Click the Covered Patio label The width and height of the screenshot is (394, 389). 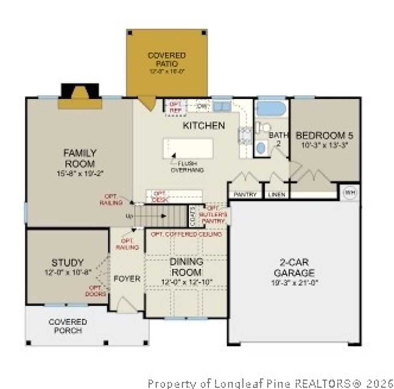(167, 60)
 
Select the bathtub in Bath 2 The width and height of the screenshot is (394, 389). (271, 109)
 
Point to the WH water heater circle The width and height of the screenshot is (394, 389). (349, 192)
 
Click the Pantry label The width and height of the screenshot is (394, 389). (245, 195)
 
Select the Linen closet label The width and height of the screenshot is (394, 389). (277, 195)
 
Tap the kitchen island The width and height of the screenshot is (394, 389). (188, 148)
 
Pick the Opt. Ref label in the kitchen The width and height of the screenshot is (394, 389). (175, 108)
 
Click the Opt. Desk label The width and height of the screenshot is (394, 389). (158, 197)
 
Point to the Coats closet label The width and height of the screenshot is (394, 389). (192, 216)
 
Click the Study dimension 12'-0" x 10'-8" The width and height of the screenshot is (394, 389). (68, 272)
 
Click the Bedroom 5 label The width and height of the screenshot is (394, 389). (324, 136)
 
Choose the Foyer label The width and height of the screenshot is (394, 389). (127, 279)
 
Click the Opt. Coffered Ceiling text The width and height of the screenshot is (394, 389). (186, 234)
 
